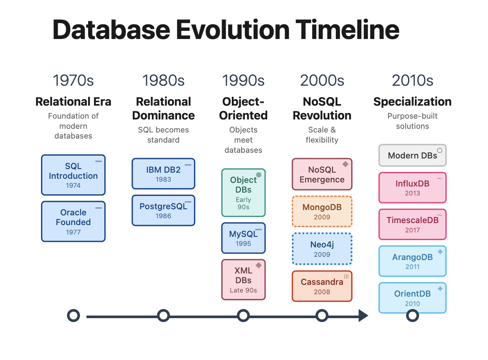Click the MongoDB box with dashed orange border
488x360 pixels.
[322, 211]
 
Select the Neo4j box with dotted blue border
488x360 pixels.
[322, 249]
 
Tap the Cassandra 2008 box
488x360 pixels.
[322, 286]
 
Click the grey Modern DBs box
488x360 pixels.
[412, 155]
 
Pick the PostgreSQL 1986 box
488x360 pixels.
[163, 210]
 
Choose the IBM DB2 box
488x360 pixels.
[163, 173]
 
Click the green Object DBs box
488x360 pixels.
[243, 193]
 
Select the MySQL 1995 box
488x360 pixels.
[243, 238]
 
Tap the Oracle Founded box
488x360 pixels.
[73, 221]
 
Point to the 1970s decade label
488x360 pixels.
[73, 80]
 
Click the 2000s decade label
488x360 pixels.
[322, 80]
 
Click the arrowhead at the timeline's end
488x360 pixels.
[363, 316]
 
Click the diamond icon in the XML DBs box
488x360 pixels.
[259, 265]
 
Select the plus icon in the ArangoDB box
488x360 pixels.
[440, 252]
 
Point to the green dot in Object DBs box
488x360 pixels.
[259, 175]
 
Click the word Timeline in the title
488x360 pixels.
[347, 30]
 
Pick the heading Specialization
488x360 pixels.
[412, 102]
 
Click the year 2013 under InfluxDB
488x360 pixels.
[412, 193]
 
